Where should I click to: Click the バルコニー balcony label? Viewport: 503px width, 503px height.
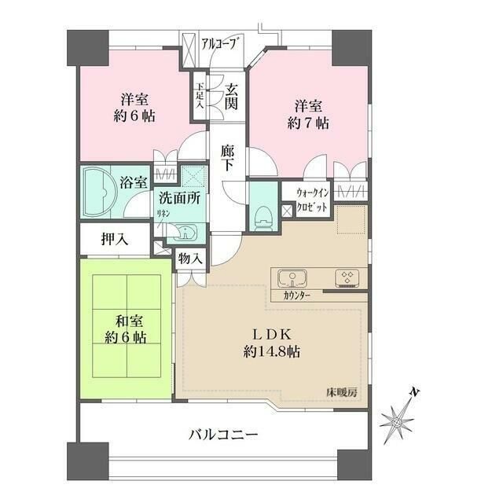click(223, 434)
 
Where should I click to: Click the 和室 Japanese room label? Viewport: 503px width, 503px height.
click(125, 321)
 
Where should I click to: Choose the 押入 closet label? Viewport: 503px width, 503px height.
click(114, 240)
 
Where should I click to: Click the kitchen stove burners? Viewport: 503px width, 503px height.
click(347, 277)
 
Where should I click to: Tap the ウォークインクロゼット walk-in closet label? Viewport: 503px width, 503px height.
click(314, 200)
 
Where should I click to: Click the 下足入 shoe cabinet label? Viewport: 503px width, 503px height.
click(200, 95)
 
